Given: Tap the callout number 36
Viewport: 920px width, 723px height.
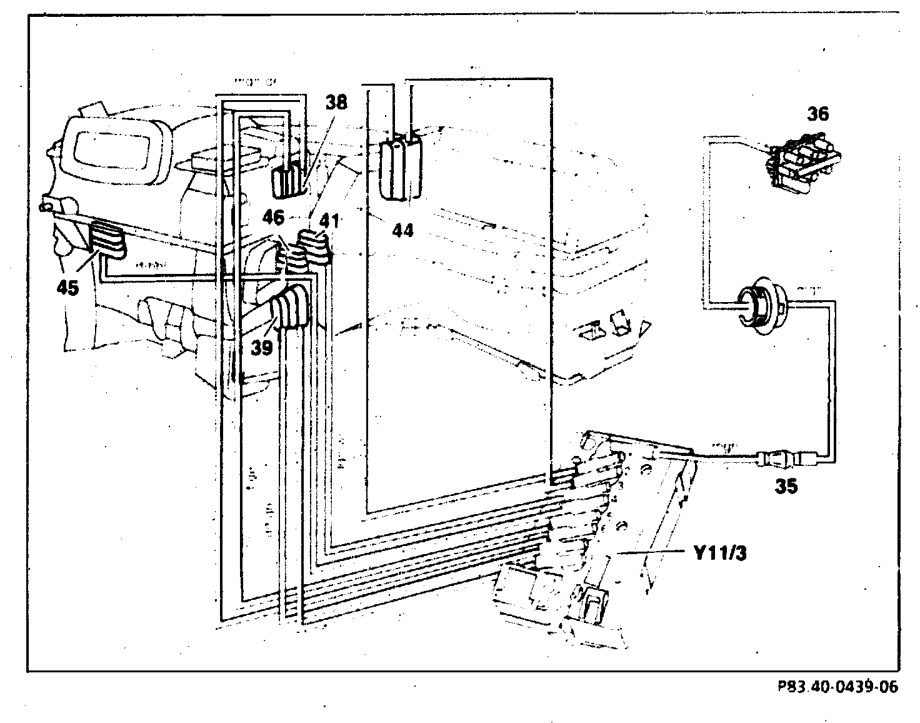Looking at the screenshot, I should pos(817,114).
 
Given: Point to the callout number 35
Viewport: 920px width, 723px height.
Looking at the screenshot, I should pos(786,487).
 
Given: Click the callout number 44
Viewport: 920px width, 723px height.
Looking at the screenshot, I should pos(402,231).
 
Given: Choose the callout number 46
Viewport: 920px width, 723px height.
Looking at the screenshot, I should pos(273,218).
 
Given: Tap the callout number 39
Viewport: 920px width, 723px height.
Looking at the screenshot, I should pos(262,348).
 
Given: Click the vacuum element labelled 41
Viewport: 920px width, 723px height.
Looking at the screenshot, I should pos(314,249).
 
